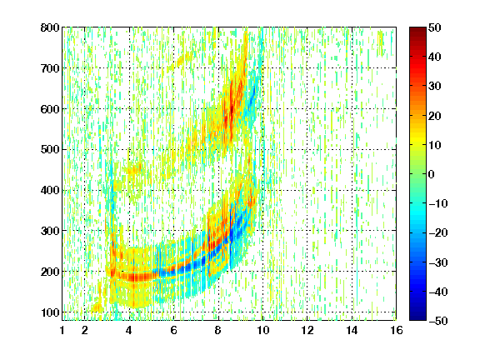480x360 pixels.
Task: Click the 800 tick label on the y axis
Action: pyautogui.click(x=50, y=27)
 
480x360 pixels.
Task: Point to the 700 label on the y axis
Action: pyautogui.click(x=50, y=68)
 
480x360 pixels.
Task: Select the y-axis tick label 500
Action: pyautogui.click(x=50, y=150)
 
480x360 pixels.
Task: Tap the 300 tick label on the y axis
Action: pyautogui.click(x=50, y=231)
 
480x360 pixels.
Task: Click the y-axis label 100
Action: pyautogui.click(x=50, y=312)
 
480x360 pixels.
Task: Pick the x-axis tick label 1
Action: pyautogui.click(x=62, y=330)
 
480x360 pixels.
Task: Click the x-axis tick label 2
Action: pyautogui.click(x=84, y=330)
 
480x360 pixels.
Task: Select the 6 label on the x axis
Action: pyautogui.click(x=173, y=330)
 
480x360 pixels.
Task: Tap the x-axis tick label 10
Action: pyautogui.click(x=262, y=330)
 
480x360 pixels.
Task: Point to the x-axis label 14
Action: pyautogui.click(x=352, y=330)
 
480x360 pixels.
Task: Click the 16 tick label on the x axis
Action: pyautogui.click(x=397, y=330)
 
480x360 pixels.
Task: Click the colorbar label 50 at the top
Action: pyautogui.click(x=435, y=27)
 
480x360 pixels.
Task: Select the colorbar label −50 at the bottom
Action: pyautogui.click(x=438, y=321)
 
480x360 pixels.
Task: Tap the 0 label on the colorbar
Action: pyautogui.click(x=432, y=174)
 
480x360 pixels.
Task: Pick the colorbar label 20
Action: pyautogui.click(x=435, y=115)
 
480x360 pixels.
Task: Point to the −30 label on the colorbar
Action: pyautogui.click(x=438, y=262)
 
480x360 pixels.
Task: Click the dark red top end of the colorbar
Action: pyautogui.click(x=417, y=29)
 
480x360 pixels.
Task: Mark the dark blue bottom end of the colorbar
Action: pyautogui.click(x=417, y=318)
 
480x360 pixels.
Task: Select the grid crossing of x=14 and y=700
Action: pyautogui.click(x=352, y=68)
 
